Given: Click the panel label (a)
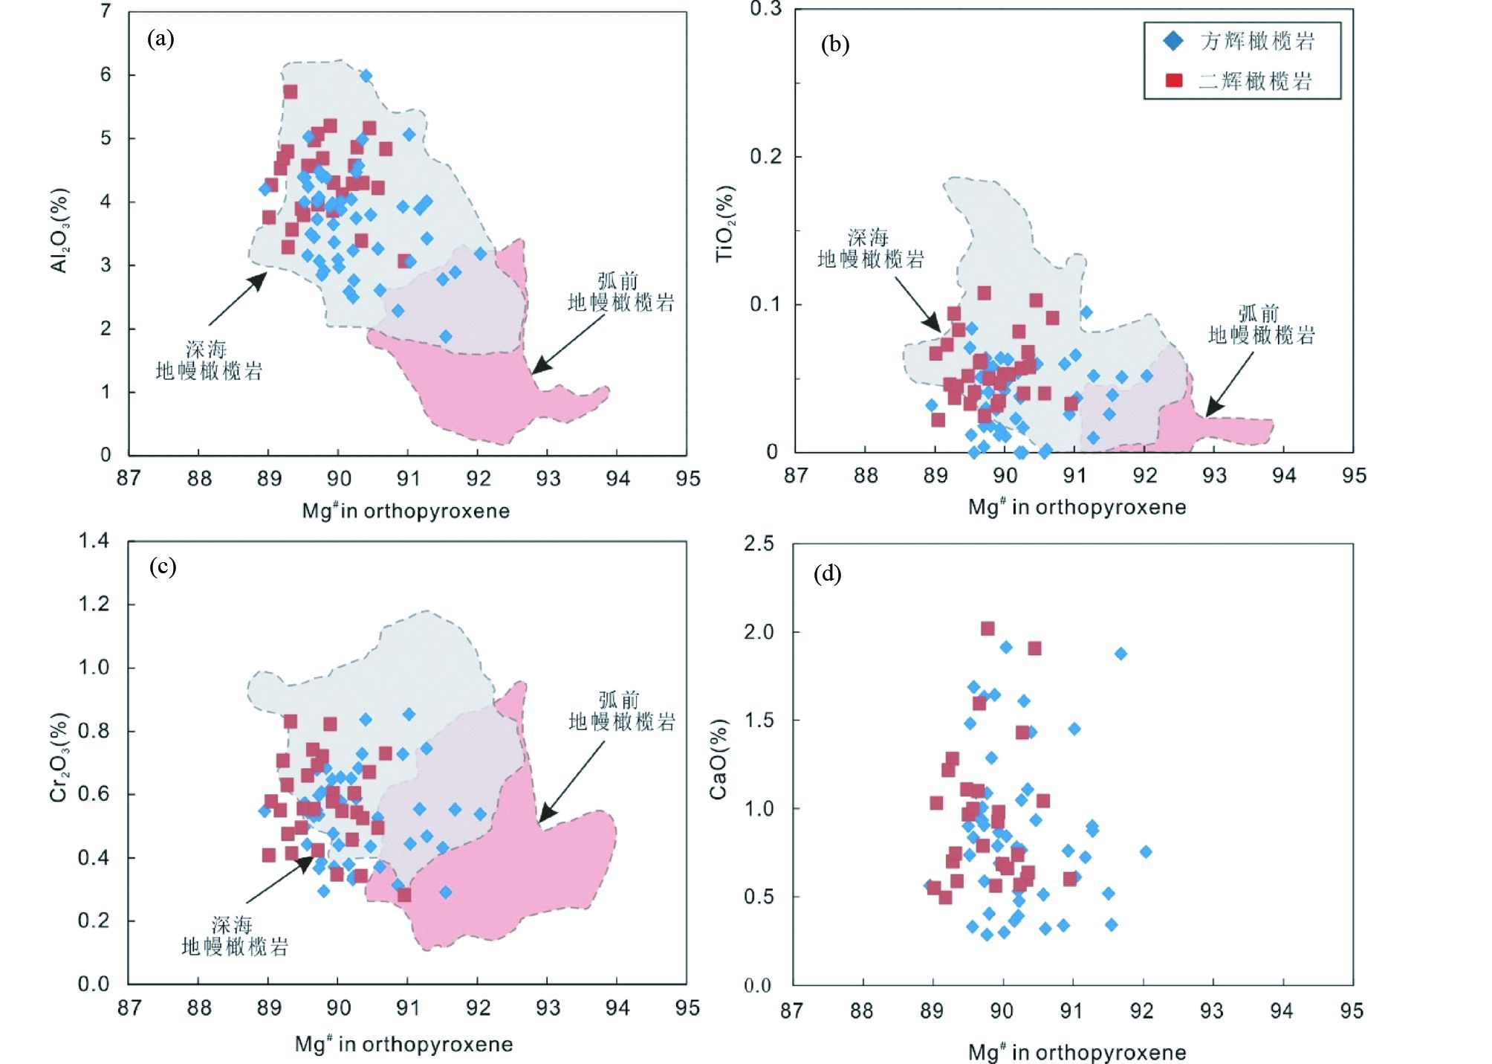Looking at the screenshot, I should (160, 38).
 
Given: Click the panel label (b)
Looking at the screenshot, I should (834, 45).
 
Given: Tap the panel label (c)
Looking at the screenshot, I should (162, 567).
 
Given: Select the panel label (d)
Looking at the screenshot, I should (827, 573).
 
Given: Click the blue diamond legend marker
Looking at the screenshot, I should (1173, 41).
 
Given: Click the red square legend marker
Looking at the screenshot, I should (1174, 80).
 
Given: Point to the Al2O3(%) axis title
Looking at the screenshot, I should (59, 230).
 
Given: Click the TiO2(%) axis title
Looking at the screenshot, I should (724, 223).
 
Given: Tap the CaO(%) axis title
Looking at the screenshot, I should (718, 759).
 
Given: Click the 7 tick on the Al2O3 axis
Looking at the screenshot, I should (106, 12).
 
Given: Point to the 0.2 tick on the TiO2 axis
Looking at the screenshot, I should (765, 156).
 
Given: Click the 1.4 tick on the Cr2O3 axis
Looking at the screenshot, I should (94, 541).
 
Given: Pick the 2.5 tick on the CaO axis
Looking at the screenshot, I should (759, 544).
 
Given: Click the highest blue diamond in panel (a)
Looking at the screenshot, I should (366, 76).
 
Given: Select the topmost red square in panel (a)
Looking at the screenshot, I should (291, 92).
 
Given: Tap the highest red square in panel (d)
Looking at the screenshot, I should (987, 629).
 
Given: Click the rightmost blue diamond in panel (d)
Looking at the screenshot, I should (1146, 851).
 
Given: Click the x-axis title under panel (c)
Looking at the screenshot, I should (403, 1044).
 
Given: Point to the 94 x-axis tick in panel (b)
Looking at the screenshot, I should (1283, 475).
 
